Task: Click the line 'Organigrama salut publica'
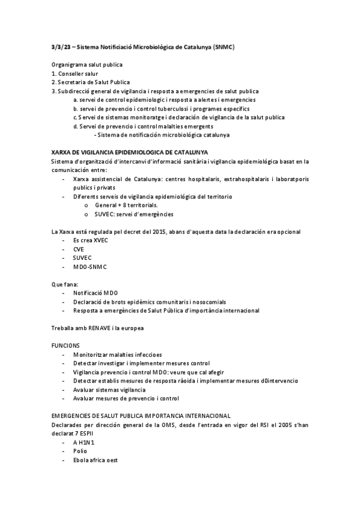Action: (x=86, y=64)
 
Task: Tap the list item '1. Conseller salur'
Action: (x=75, y=73)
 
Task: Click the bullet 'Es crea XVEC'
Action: (x=91, y=240)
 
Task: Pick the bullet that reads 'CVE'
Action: (x=79, y=249)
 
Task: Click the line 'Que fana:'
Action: (x=64, y=284)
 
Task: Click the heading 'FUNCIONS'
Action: (x=65, y=345)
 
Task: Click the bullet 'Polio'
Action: (x=80, y=450)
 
